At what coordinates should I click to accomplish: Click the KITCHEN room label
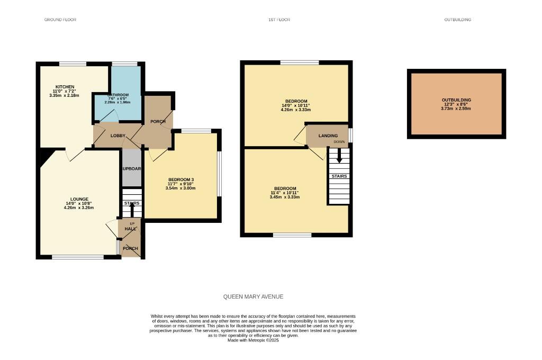pyautogui.click(x=65, y=87)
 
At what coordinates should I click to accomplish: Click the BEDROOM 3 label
pyautogui.click(x=180, y=179)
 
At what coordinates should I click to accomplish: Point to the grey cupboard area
pyautogui.click(x=132, y=168)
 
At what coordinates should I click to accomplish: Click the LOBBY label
pyautogui.click(x=118, y=136)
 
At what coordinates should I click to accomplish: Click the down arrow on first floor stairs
pyautogui.click(x=339, y=156)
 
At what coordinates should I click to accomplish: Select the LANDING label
pyautogui.click(x=328, y=136)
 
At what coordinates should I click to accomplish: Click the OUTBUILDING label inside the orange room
pyautogui.click(x=456, y=100)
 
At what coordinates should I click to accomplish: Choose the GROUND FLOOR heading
pyautogui.click(x=60, y=20)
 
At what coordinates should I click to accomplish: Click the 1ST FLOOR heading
pyautogui.click(x=279, y=20)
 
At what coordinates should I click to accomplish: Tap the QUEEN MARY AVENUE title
pyautogui.click(x=257, y=297)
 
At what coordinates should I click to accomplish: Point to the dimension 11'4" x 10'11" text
pyautogui.click(x=285, y=193)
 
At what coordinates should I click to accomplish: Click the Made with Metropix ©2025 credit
pyautogui.click(x=253, y=340)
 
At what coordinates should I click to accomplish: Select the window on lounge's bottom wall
pyautogui.click(x=78, y=257)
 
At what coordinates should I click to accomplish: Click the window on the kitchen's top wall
pyautogui.click(x=73, y=64)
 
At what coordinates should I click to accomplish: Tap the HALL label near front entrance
pyautogui.click(x=130, y=229)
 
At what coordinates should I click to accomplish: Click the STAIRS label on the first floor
pyautogui.click(x=339, y=176)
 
